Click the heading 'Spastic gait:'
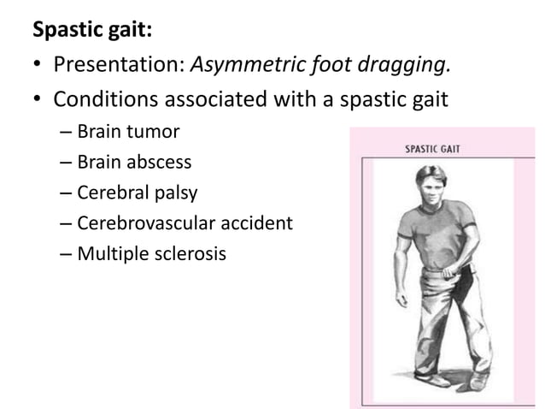point(92,31)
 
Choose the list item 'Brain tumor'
point(128,133)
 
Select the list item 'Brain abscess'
point(134,162)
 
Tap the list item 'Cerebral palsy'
point(138,193)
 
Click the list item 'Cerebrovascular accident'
point(185,223)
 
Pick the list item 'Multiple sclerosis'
point(151,253)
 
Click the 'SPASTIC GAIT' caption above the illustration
point(432,149)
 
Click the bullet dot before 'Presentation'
point(38,67)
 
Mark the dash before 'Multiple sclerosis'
point(67,254)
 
